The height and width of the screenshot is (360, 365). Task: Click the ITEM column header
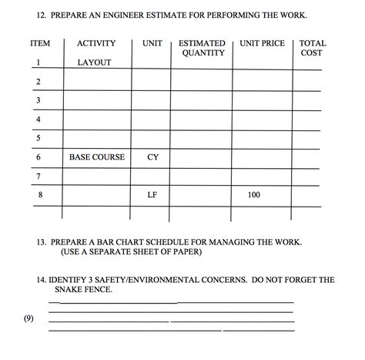39,44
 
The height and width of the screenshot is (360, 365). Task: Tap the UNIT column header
152,44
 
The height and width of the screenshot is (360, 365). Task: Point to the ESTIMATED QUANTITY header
203,49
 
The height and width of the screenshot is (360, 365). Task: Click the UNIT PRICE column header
262,44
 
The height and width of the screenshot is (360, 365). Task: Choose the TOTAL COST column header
312,49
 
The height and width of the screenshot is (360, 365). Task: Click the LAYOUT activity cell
94,62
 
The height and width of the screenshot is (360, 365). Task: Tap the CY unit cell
152,157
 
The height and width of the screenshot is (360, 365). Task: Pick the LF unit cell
152,195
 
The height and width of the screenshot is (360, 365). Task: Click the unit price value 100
254,195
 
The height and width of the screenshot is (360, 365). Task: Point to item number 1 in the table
37,62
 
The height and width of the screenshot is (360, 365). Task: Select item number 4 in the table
37,119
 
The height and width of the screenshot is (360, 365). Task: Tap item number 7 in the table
37,177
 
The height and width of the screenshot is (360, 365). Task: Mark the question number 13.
43,241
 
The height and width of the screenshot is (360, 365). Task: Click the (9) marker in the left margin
29,317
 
